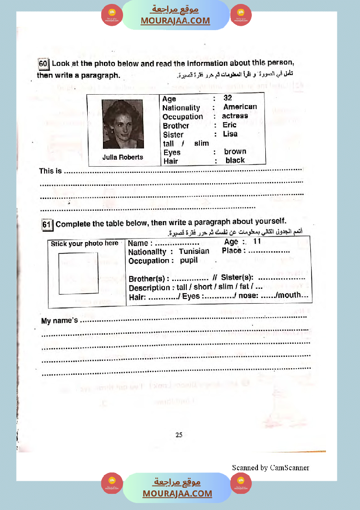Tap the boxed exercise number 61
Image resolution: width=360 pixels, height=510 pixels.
pyautogui.click(x=47, y=224)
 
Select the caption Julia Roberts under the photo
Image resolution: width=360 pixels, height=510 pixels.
pyautogui.click(x=123, y=157)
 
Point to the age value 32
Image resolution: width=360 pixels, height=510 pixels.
pyautogui.click(x=228, y=98)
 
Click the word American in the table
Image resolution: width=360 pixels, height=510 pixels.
pyautogui.click(x=240, y=107)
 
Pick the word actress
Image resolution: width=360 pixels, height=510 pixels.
pyautogui.click(x=235, y=116)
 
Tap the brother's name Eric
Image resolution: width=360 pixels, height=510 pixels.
pyautogui.click(x=230, y=125)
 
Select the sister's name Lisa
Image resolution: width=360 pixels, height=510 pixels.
pyautogui.click(x=230, y=134)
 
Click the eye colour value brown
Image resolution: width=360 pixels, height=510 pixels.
pyautogui.click(x=235, y=152)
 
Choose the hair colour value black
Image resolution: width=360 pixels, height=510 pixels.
pyautogui.click(x=235, y=161)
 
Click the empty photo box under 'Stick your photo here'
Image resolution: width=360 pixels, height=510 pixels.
pyautogui.click(x=79, y=274)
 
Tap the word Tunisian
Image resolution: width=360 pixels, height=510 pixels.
pyautogui.click(x=194, y=251)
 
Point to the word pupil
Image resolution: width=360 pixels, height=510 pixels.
pyautogui.click(x=189, y=260)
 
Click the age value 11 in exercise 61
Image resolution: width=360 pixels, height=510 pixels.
pyautogui.click(x=257, y=241)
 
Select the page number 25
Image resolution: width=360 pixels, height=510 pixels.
pyautogui.click(x=179, y=435)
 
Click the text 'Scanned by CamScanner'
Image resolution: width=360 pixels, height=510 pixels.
pyautogui.click(x=271, y=468)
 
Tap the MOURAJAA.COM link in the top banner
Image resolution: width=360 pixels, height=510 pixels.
pyautogui.click(x=175, y=21)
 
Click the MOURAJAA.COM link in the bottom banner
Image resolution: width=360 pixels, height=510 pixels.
pyautogui.click(x=177, y=493)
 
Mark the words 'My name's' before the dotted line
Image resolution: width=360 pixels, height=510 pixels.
pyautogui.click(x=59, y=321)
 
